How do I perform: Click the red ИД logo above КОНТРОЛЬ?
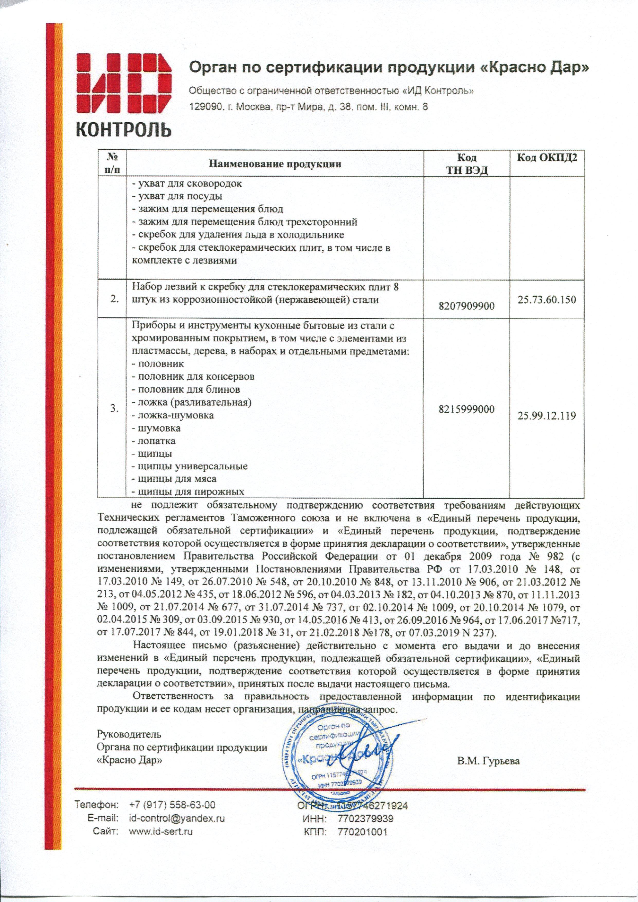[x=123, y=85]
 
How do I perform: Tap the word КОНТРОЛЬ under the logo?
[x=123, y=129]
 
